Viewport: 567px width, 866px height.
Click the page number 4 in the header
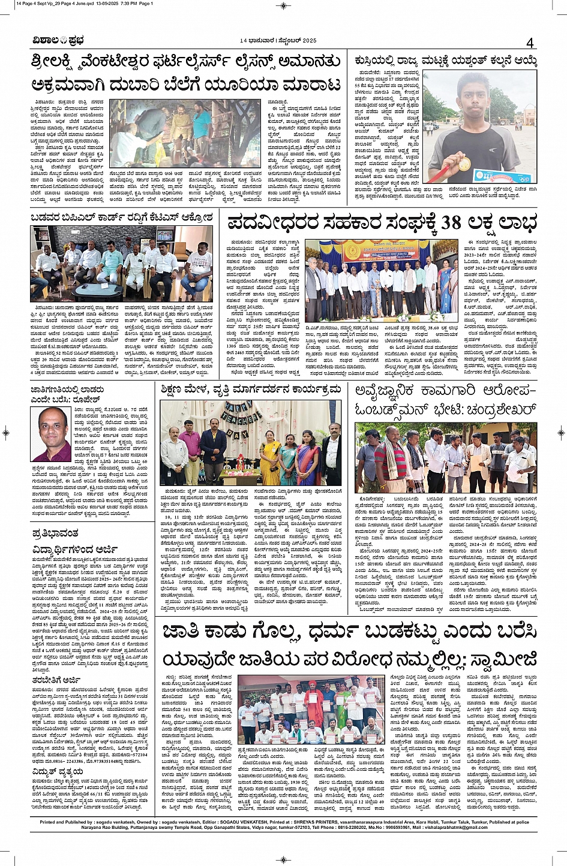tap(530, 42)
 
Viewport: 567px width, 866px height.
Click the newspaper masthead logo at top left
tap(58, 41)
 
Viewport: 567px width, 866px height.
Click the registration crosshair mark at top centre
tap(283, 5)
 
